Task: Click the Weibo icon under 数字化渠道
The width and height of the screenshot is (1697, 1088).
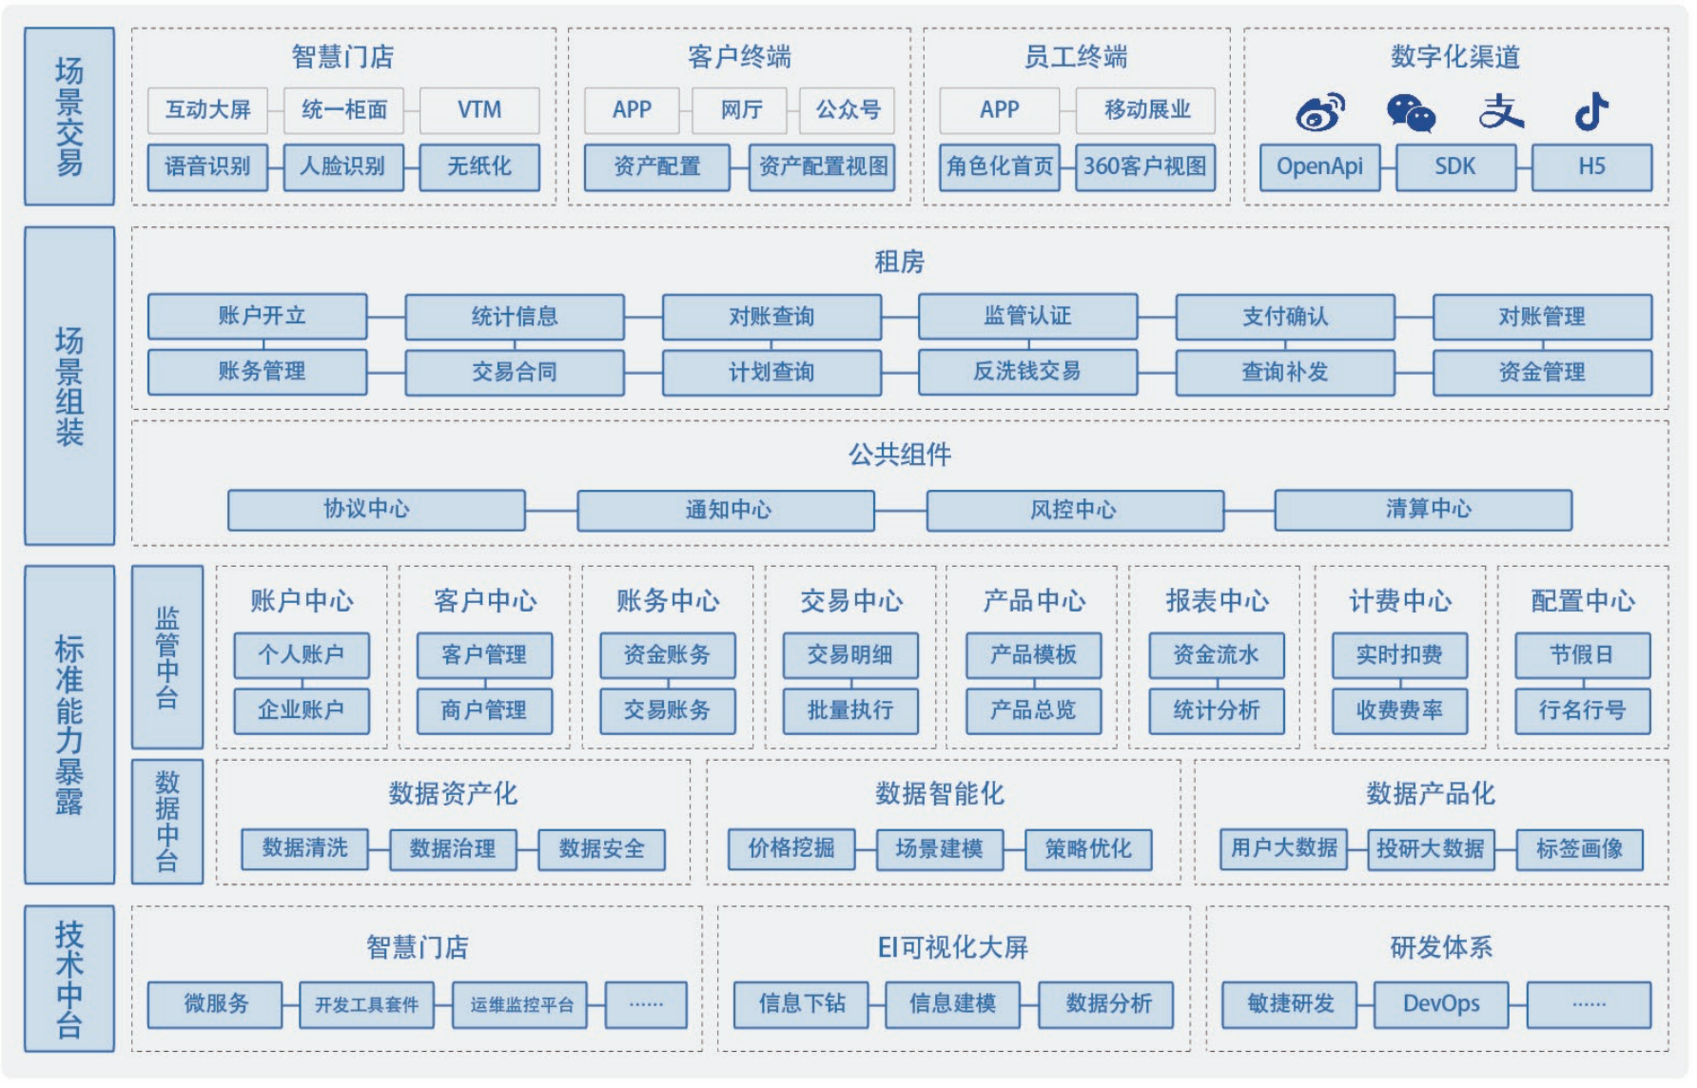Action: coord(1320,112)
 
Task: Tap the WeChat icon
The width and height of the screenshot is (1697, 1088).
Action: coord(1411,112)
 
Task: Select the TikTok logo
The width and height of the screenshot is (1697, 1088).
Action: coord(1591,111)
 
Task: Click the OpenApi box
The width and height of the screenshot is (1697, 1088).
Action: coord(1319,166)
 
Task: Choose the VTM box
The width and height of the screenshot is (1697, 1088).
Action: coord(479,110)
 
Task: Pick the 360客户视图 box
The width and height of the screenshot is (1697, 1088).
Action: coord(1145,166)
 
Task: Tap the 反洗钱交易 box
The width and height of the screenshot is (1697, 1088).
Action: coord(1027,371)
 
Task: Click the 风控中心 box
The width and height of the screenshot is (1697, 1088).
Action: coord(1074,510)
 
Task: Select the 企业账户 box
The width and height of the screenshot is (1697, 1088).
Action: coord(302,709)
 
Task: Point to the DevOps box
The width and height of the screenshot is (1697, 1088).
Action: coord(1441,1004)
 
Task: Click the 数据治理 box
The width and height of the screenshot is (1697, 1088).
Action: coord(453,848)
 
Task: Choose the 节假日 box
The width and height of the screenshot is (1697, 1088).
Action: coord(1581,654)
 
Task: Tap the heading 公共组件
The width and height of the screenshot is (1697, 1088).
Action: coord(900,455)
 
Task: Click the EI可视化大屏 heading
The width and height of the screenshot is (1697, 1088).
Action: coord(952,947)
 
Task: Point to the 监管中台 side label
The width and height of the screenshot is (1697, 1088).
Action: coord(167,656)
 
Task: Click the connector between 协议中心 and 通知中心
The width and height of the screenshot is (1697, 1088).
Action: coord(551,511)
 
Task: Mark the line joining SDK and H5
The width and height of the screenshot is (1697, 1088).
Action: coord(1523,167)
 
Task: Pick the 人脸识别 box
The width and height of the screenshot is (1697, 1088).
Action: coord(343,166)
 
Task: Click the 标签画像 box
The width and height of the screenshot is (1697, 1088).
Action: coord(1579,848)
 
